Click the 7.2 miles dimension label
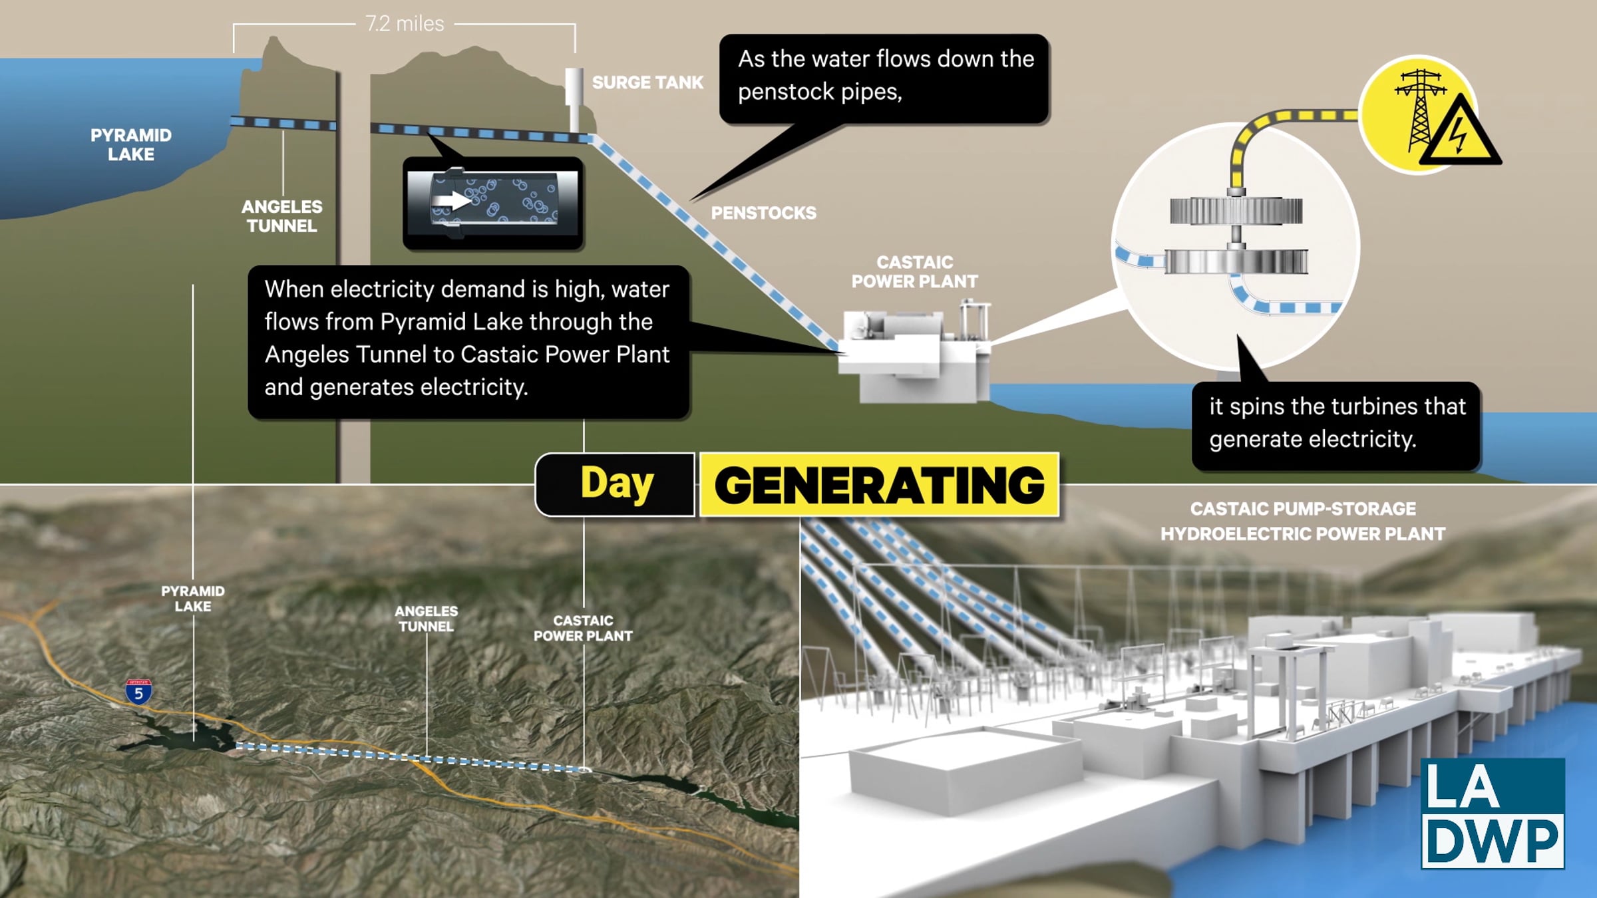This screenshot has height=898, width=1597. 405,24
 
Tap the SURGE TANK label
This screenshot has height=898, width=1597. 647,82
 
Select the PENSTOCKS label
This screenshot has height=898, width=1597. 763,213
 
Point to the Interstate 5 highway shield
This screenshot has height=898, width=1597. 138,692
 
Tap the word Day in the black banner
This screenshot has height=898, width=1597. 617,484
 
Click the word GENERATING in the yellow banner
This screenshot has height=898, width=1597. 879,485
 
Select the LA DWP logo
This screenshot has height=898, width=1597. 1493,813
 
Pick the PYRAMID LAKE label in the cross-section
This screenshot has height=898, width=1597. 131,144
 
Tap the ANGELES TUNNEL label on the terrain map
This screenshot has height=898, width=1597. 427,619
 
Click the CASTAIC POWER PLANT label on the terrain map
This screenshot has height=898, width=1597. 583,628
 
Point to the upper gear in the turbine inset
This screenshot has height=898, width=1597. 1236,212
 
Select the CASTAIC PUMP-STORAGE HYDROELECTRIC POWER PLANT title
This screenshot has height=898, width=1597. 1303,522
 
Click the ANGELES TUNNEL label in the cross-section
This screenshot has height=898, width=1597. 282,216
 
